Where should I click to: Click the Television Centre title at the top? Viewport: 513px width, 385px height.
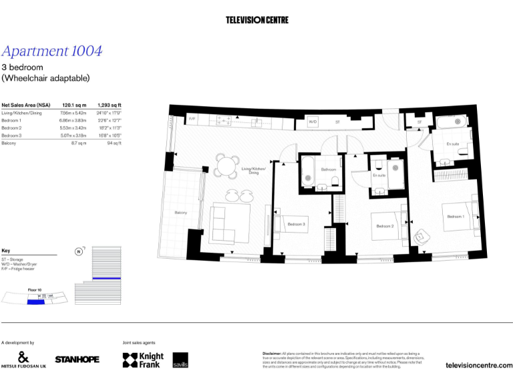point(256,20)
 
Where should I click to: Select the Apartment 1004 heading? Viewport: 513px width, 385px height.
point(52,51)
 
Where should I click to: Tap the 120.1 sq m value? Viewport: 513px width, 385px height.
point(74,105)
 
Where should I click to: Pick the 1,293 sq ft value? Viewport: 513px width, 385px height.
point(110,105)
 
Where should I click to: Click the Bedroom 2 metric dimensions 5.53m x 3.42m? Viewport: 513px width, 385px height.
point(74,128)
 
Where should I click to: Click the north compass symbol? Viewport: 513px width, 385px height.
point(79,252)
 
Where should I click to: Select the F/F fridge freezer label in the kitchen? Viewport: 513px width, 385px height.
point(192,119)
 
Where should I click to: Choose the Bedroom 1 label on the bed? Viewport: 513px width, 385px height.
point(456,217)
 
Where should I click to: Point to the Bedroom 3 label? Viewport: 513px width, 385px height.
point(296,224)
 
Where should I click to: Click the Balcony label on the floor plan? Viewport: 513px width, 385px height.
point(180,213)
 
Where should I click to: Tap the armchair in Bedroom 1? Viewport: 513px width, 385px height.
point(422,237)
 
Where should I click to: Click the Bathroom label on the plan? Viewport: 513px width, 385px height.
point(329,170)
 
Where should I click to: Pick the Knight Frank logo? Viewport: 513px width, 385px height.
point(143,360)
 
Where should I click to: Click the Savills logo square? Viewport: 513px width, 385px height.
point(180,360)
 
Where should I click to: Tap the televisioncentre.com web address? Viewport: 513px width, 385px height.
point(478,365)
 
